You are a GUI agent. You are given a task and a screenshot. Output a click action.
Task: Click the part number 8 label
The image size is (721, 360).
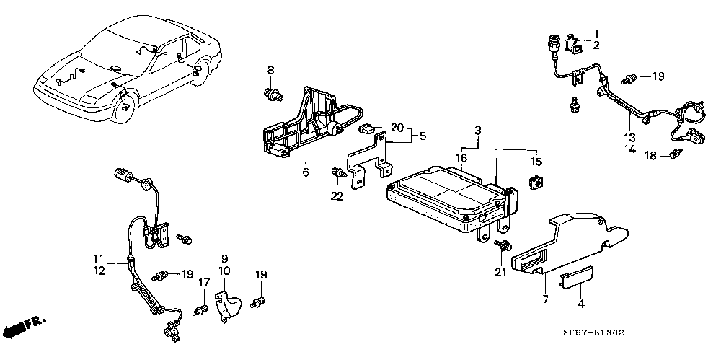point(271,71)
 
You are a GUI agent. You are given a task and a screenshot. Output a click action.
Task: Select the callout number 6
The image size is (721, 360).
point(306,172)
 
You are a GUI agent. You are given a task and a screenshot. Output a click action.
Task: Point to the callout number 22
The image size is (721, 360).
point(337,196)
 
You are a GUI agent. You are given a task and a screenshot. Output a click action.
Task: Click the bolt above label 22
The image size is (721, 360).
point(339,174)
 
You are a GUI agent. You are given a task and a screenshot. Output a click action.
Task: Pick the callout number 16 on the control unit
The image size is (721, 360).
point(461,158)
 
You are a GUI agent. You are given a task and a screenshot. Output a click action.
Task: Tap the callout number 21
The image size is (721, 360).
point(500,273)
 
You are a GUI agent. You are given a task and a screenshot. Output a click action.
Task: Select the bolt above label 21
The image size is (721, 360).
point(503,245)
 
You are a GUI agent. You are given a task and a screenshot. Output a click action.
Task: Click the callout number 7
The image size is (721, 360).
point(546,299)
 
